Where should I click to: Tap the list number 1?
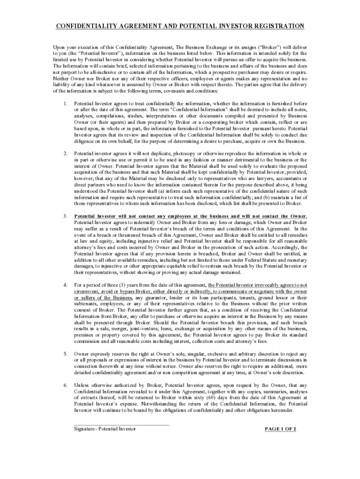(64, 103)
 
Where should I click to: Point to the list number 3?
(64, 217)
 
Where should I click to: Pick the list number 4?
(64, 285)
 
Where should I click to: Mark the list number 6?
(64, 385)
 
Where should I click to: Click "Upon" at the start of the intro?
(59, 48)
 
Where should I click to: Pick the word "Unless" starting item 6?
(83, 385)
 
